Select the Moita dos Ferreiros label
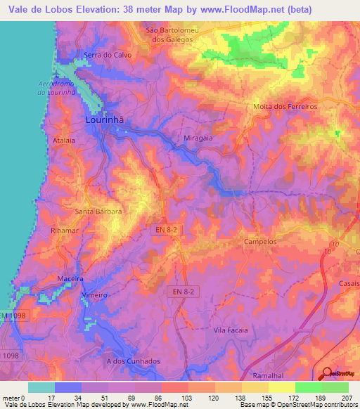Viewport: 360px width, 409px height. (x=285, y=107)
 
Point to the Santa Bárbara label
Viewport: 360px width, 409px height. (x=99, y=211)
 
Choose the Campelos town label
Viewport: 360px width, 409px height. (x=261, y=240)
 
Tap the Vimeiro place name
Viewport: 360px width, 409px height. (x=94, y=295)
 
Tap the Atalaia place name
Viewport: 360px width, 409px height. (x=65, y=141)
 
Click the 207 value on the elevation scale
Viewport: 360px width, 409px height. (x=345, y=398)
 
